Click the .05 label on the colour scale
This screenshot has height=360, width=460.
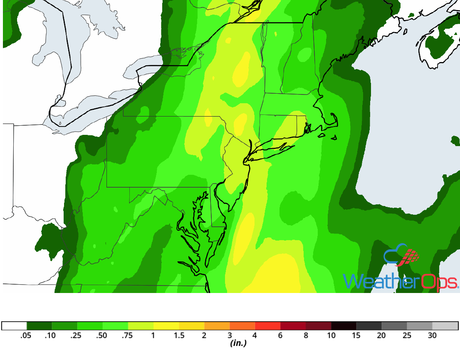(x=26, y=335)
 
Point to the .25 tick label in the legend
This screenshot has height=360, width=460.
(x=77, y=335)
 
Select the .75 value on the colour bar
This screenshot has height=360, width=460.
(x=128, y=335)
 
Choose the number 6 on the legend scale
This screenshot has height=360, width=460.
(x=280, y=335)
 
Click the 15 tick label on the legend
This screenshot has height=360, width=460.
(x=356, y=335)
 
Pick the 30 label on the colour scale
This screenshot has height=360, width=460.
(x=432, y=335)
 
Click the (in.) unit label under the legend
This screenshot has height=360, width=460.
(x=238, y=343)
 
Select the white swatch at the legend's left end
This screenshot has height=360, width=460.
(x=14, y=326)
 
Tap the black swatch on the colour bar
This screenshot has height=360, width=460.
(x=344, y=326)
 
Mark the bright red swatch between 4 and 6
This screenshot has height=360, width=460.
(x=267, y=326)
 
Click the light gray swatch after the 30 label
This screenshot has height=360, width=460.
(x=445, y=326)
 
